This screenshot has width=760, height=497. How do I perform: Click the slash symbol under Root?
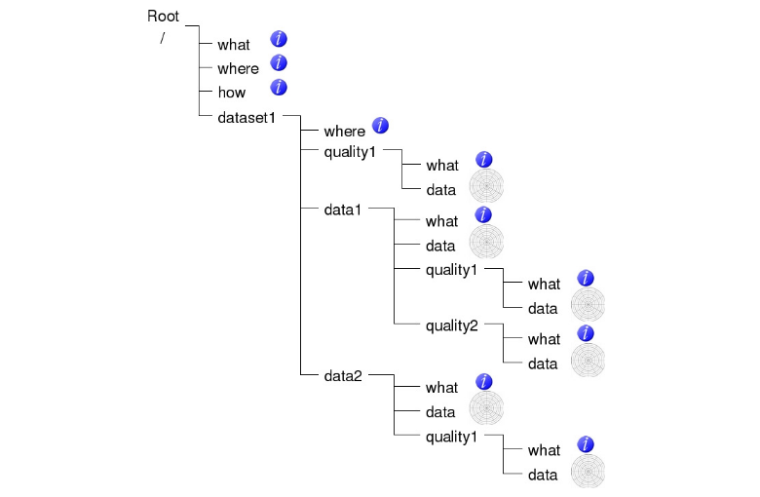(x=163, y=39)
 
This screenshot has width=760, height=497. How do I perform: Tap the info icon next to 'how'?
(x=279, y=88)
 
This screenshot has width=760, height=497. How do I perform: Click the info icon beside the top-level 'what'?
(x=279, y=39)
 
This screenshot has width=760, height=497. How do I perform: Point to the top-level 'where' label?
(x=238, y=68)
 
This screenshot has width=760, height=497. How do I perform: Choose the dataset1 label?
(x=247, y=117)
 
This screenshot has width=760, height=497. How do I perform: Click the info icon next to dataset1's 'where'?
(x=380, y=126)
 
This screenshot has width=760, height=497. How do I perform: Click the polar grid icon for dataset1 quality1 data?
(x=486, y=185)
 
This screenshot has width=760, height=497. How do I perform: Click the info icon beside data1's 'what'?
(x=483, y=215)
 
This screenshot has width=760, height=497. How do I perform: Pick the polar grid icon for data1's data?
(x=486, y=241)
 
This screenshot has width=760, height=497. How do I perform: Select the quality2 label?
(x=451, y=325)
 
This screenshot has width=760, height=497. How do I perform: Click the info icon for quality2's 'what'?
(x=586, y=333)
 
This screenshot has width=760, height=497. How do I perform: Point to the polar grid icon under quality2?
(x=588, y=360)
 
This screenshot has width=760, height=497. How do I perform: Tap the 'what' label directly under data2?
(x=441, y=387)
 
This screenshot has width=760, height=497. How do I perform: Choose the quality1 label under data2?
(x=451, y=435)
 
